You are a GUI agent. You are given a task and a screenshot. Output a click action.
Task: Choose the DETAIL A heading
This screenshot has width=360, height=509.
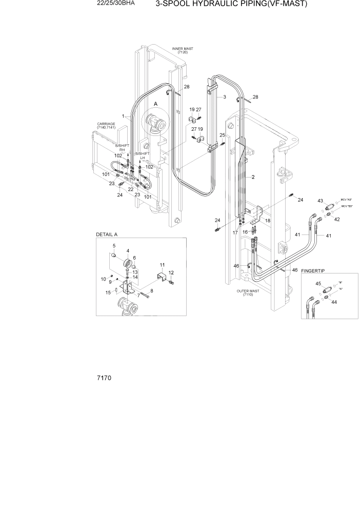point(107,234)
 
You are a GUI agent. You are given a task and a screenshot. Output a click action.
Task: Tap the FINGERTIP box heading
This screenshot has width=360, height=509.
point(313,270)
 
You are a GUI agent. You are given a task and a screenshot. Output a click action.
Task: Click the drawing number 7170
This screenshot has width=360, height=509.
point(104,378)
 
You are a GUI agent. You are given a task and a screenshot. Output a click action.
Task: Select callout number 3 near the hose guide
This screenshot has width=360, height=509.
point(224,96)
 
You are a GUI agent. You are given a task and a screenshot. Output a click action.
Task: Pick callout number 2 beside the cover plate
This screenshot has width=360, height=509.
point(253,177)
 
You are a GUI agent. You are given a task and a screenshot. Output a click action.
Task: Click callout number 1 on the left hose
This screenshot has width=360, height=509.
point(123,116)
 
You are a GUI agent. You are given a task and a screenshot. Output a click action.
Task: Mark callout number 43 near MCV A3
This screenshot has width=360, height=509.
point(320,201)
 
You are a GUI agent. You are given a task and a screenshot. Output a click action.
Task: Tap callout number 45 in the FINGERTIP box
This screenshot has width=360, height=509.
point(318,284)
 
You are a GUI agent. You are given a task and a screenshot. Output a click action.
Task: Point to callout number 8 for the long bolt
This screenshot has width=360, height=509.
point(151,291)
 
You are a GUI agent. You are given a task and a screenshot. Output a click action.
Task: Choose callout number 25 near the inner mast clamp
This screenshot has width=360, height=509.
point(222,135)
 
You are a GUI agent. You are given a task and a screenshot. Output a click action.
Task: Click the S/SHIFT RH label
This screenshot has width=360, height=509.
point(122,148)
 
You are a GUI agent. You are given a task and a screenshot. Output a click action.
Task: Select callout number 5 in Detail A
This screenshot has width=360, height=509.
point(113,245)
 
